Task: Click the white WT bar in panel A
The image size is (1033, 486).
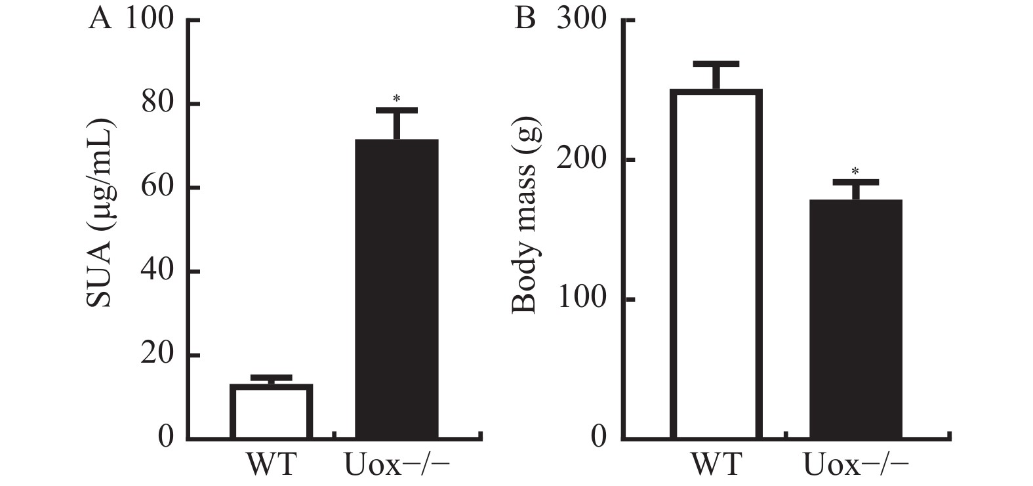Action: (271, 411)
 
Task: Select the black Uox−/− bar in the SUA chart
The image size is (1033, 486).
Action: (396, 289)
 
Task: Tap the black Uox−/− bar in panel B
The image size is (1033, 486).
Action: (855, 319)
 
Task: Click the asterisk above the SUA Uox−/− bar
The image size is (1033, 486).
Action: (396, 99)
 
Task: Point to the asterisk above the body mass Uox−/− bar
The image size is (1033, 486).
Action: (855, 171)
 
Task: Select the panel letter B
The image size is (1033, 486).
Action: (525, 20)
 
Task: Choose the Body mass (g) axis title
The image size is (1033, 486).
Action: (525, 214)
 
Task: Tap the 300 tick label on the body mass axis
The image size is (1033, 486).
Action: (582, 20)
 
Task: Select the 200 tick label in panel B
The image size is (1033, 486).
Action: (582, 160)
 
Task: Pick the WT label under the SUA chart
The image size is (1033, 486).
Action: (271, 464)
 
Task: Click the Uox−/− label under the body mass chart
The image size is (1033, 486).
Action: (856, 464)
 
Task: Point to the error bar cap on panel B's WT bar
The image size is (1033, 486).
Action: (716, 64)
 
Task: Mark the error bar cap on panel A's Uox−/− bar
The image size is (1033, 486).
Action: (396, 110)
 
